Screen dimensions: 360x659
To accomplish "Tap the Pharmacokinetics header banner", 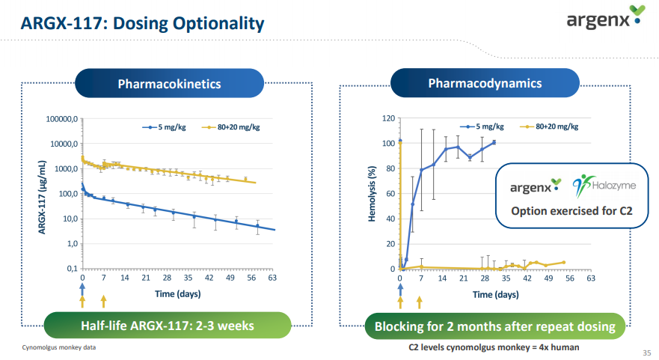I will (169, 83).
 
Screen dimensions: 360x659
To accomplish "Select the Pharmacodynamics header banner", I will (485, 83).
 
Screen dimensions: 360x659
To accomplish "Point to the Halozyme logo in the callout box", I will (599, 185).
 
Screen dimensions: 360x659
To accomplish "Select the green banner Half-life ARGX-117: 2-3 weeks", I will (168, 326).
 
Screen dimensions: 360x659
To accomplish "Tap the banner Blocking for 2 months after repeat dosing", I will (494, 326).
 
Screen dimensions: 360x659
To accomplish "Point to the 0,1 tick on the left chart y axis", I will (72, 269).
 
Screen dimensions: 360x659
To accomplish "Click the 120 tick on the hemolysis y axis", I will (387, 118).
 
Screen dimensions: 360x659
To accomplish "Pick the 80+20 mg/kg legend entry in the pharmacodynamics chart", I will (550, 126).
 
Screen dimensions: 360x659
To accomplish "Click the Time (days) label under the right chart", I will (494, 294).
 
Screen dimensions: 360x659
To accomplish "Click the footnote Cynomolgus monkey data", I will (59, 348).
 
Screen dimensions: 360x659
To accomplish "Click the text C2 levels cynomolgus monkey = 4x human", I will (494, 347).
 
